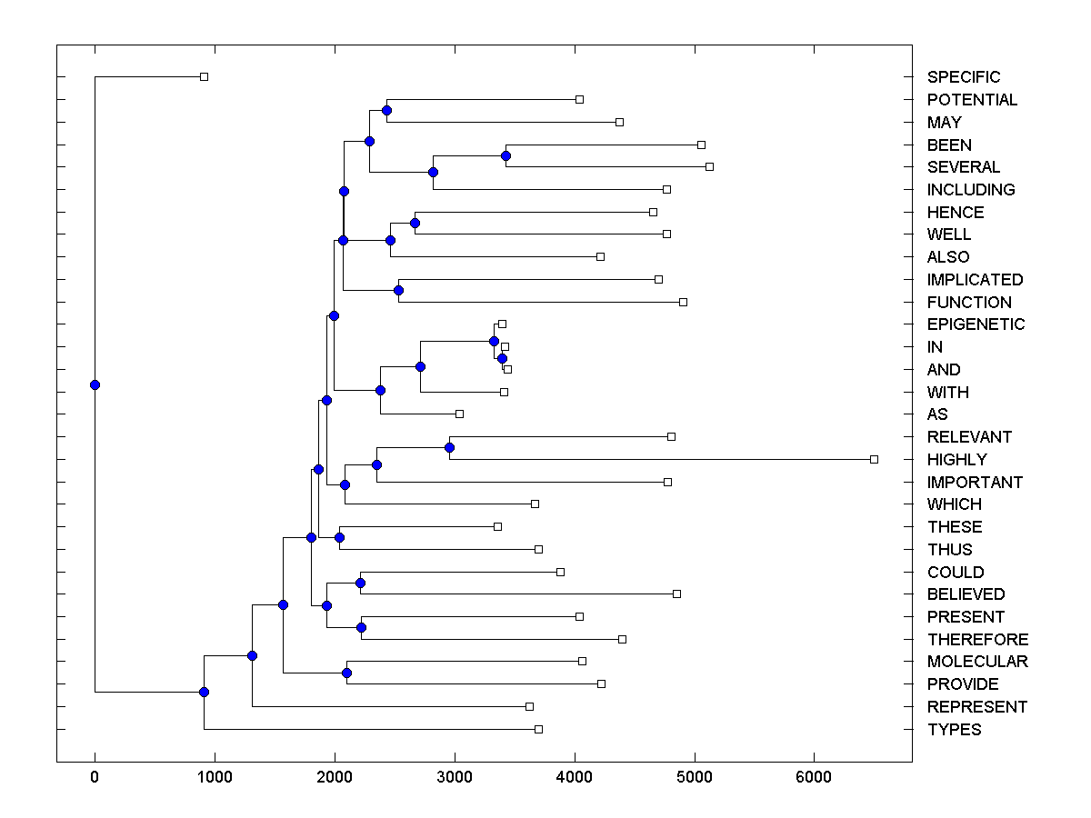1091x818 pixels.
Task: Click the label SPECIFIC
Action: point(963,77)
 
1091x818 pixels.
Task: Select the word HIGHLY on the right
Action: point(956,460)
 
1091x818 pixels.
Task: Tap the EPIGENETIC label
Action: point(976,324)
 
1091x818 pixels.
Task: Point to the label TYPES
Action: point(954,730)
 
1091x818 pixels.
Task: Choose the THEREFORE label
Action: point(977,640)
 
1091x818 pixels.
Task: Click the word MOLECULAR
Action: point(977,662)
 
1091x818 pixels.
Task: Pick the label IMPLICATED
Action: point(975,280)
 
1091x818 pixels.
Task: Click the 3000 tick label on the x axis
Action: point(455,776)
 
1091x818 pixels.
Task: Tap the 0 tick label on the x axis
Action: point(95,776)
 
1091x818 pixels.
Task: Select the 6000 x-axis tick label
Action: point(814,776)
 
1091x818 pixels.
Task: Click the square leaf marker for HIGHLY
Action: point(874,459)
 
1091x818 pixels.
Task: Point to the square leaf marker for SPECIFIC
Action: point(204,76)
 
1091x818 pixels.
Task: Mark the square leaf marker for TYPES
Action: point(538,729)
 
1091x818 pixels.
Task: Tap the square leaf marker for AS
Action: point(459,414)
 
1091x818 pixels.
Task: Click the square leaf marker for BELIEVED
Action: point(676,594)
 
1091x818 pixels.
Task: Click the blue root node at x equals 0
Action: point(95,384)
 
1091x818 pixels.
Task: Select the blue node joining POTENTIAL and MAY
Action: point(386,110)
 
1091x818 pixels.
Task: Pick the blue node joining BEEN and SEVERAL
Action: point(505,155)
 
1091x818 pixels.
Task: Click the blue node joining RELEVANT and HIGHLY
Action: point(449,447)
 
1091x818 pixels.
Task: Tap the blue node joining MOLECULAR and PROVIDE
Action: point(346,673)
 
